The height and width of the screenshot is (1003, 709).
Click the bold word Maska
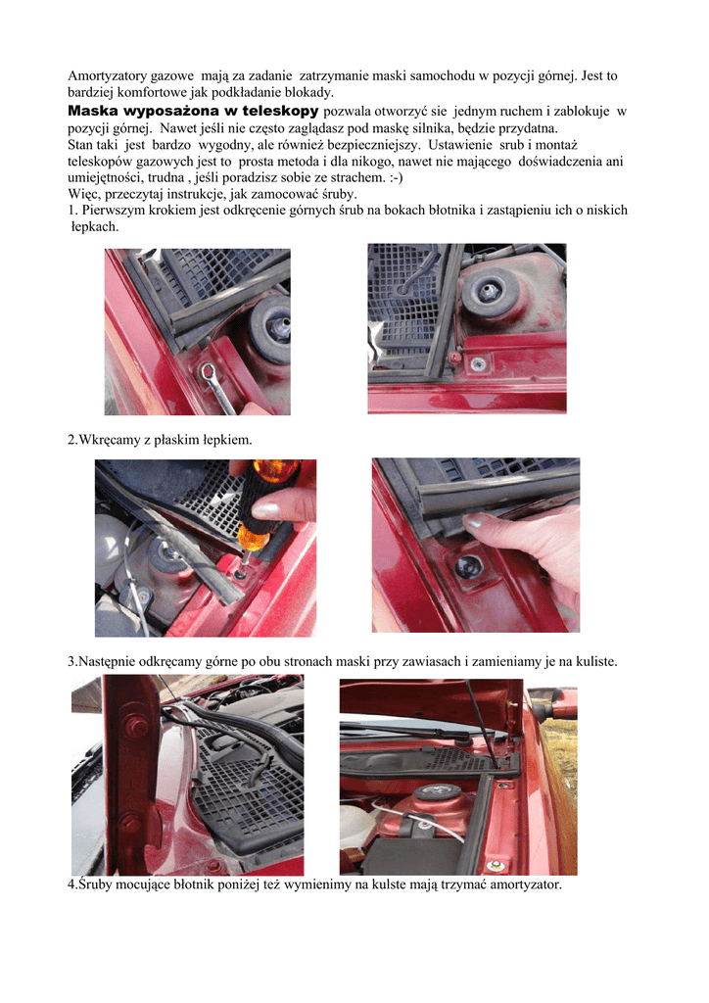(93, 111)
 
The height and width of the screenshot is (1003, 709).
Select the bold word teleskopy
(280, 111)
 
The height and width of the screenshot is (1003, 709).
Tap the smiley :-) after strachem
(397, 177)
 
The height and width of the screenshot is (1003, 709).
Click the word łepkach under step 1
(95, 226)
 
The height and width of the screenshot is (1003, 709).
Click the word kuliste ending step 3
(592, 661)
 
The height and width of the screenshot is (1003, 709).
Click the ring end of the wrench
(208, 371)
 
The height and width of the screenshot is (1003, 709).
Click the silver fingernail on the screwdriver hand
(266, 509)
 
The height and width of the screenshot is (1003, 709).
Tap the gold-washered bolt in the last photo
(495, 866)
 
